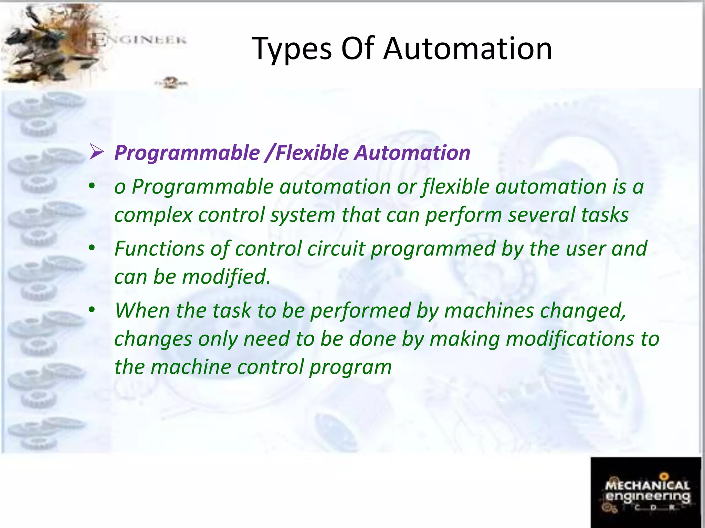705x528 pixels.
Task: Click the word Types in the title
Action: pyautogui.click(x=292, y=49)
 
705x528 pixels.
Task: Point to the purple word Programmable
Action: pyautogui.click(x=187, y=153)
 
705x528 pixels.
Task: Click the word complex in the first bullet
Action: pyautogui.click(x=153, y=215)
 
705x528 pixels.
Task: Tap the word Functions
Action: pyautogui.click(x=159, y=249)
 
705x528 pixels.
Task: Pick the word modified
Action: pyautogui.click(x=226, y=277)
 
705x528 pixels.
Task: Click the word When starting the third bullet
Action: pyautogui.click(x=142, y=310)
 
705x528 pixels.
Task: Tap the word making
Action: pyautogui.click(x=465, y=339)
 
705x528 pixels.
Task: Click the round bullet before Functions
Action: pyautogui.click(x=91, y=248)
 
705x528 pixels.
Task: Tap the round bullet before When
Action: pyautogui.click(x=91, y=310)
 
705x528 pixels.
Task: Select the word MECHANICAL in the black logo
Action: pyautogui.click(x=647, y=485)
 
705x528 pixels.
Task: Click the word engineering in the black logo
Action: pyautogui.click(x=648, y=497)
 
